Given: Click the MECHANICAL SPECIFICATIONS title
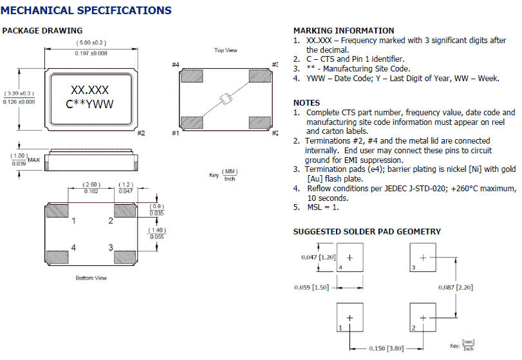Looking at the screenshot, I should [87, 10].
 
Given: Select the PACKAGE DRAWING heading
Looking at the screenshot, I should [42, 30].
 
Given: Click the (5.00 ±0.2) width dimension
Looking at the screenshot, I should [88, 43].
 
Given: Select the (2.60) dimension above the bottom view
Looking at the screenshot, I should [91, 185].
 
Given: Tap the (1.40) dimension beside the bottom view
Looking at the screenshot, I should [156, 230].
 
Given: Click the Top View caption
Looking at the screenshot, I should [225, 50].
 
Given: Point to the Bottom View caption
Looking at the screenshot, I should [91, 278].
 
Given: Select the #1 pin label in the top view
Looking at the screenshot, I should [175, 133].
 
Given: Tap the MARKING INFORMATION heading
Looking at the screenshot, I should [344, 30].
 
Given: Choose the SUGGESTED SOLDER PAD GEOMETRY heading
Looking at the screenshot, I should [367, 231].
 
